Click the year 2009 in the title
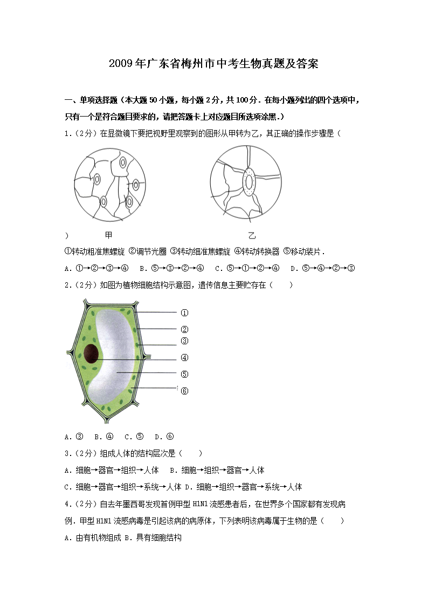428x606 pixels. point(119,64)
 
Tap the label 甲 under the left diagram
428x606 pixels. point(108,235)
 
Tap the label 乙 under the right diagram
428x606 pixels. point(252,235)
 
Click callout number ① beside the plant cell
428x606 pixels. point(184,313)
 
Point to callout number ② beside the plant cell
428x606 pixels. point(184,329)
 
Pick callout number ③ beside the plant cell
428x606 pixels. point(184,341)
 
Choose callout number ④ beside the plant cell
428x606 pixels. point(184,357)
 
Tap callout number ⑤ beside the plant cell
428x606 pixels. point(184,374)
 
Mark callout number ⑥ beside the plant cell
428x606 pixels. point(184,391)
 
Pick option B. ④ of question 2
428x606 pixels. point(103,437)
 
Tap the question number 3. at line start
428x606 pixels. point(67,454)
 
